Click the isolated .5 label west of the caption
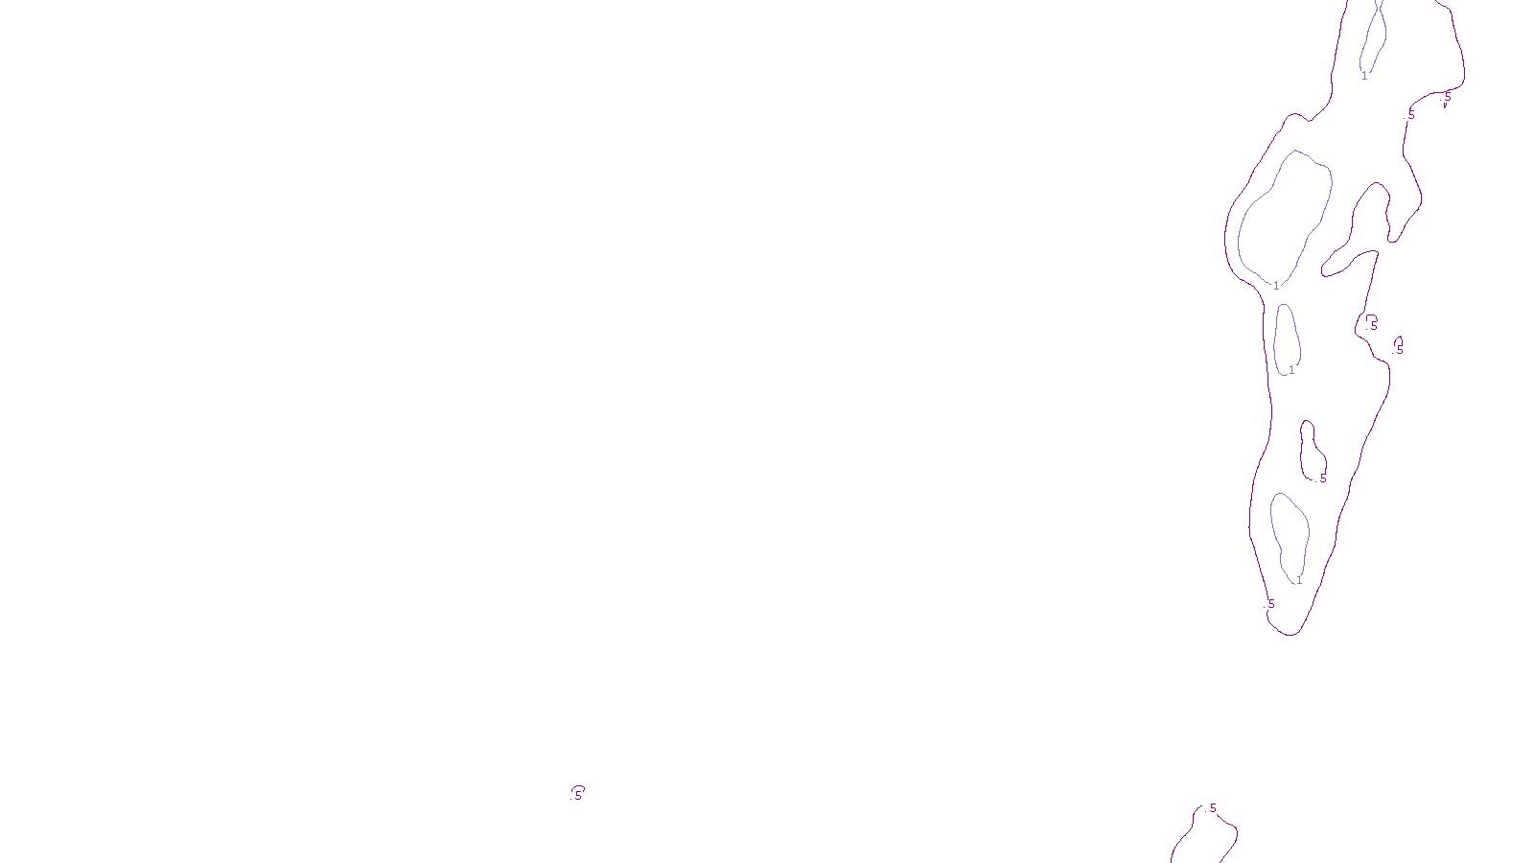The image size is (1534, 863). (x=578, y=795)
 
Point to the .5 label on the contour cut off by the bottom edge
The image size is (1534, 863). (x=1213, y=808)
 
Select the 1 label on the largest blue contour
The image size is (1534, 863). (x=1276, y=286)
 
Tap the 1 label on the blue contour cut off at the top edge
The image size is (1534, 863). (x=1364, y=76)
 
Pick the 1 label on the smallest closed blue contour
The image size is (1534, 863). (x=1291, y=370)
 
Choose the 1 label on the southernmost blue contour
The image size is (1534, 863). (x=1299, y=580)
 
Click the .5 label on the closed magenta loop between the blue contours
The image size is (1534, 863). (x=1323, y=478)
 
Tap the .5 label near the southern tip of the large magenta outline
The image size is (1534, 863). (x=1271, y=604)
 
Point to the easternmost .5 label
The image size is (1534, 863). (x=1448, y=96)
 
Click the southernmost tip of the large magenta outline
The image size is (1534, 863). (x=1291, y=635)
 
